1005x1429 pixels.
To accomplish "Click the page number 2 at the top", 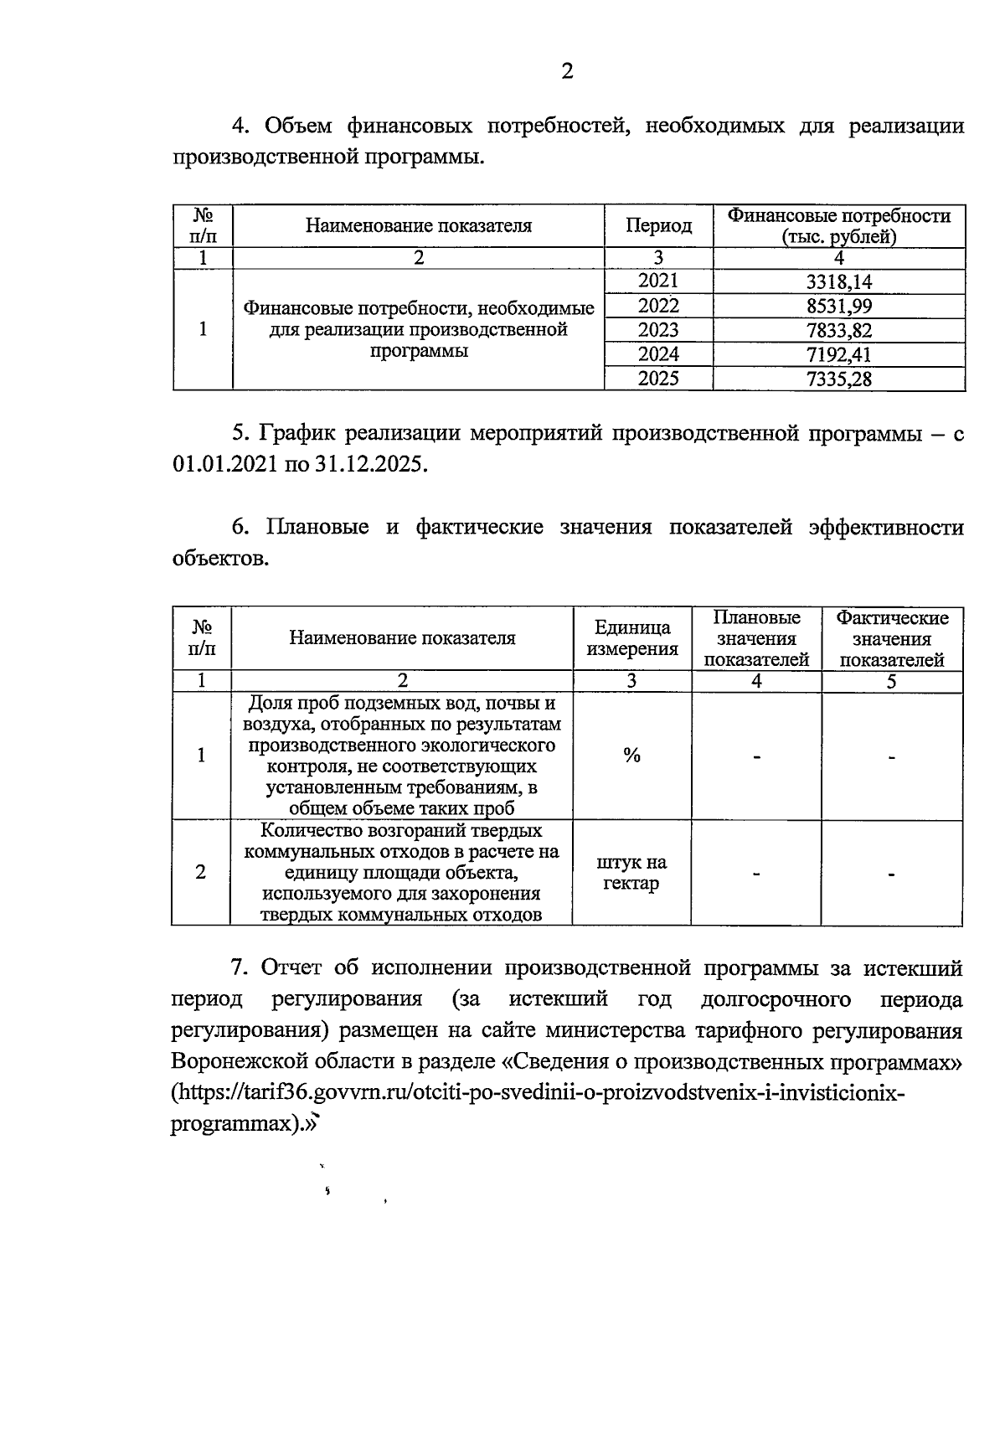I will (x=566, y=72).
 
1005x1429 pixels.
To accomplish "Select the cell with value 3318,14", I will (x=838, y=282).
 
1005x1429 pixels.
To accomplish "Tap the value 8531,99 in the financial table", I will (x=838, y=307).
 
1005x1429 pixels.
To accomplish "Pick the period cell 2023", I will (x=658, y=330).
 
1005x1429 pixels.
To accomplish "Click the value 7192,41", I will (x=838, y=354).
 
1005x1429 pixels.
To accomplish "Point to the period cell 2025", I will (x=658, y=379).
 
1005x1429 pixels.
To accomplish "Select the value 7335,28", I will (x=838, y=379).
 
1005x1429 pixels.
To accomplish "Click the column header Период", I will (x=658, y=226).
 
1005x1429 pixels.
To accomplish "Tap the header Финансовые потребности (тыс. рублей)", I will (x=838, y=226).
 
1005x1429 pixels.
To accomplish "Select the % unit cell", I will (x=631, y=756).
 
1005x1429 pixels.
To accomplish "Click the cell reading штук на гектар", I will (x=631, y=873).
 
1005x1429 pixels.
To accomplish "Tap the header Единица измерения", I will (x=631, y=638).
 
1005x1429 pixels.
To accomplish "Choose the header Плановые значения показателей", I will (x=756, y=638).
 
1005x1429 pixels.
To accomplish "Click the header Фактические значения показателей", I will (x=892, y=638).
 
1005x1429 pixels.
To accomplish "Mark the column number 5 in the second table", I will (x=892, y=682).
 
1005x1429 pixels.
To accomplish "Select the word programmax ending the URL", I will (x=234, y=1125).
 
